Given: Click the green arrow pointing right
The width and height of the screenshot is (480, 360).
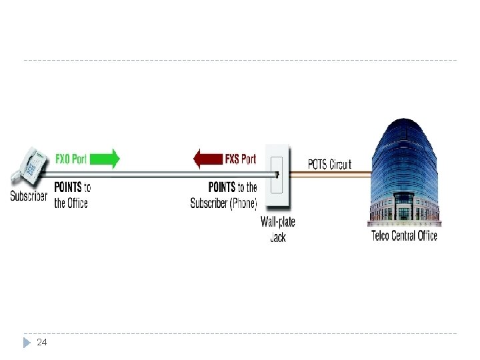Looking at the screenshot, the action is click(x=105, y=159).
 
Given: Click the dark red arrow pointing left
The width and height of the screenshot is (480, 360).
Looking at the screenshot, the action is click(x=207, y=159).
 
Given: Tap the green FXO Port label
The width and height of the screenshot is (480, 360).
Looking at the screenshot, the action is click(x=71, y=159).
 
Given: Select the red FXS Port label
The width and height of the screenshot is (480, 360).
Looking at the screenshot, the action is click(x=240, y=159).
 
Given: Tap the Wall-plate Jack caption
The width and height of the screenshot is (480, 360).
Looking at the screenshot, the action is click(x=277, y=229).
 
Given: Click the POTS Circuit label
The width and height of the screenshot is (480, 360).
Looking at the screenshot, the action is click(x=329, y=164).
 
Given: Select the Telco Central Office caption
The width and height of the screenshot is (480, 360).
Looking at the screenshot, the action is click(x=404, y=235).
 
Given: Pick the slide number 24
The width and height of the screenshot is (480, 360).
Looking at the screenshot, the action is click(x=42, y=342).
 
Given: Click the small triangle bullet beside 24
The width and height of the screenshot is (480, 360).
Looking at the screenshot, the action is click(x=27, y=342).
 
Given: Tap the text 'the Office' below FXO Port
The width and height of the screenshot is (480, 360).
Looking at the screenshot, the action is click(x=71, y=203).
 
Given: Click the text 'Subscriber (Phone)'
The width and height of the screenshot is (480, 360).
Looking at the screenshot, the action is click(x=224, y=203).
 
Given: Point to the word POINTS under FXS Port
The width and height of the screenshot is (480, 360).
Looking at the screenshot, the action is click(x=222, y=187).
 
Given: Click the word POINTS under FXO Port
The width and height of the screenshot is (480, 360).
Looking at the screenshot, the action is click(x=68, y=187).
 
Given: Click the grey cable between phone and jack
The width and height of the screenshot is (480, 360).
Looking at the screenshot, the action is click(x=160, y=175).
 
